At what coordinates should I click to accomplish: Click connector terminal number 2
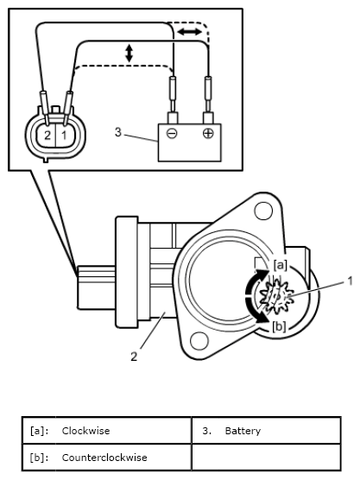[x=47, y=136]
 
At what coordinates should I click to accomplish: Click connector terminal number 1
[x=62, y=136]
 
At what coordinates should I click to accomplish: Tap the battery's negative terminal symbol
[x=173, y=135]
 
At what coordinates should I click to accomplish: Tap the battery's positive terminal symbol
[x=208, y=135]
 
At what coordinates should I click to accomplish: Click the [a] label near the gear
[x=281, y=263]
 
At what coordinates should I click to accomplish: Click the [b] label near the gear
[x=279, y=326]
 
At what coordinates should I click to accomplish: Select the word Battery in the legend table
[x=243, y=430]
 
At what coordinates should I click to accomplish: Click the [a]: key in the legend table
[x=38, y=430]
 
